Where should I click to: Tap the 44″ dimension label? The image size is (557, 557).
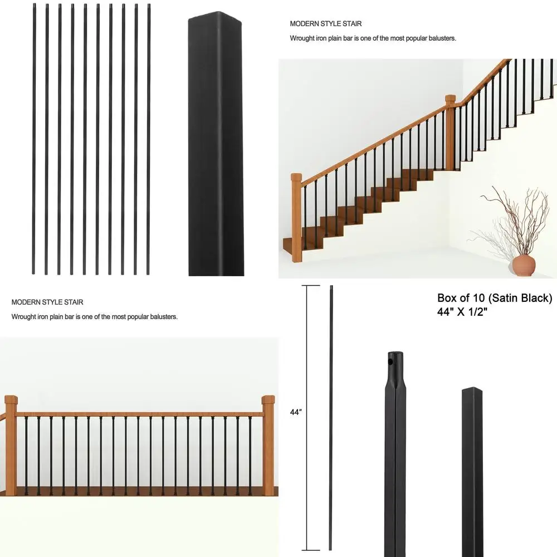click(x=295, y=413)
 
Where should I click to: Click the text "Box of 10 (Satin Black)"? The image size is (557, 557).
click(x=495, y=298)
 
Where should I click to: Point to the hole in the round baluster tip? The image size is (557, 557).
click(x=391, y=361)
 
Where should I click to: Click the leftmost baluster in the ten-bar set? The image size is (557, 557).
click(x=33, y=139)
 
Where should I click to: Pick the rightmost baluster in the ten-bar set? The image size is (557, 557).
click(x=149, y=139)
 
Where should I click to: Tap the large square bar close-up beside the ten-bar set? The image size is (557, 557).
click(x=216, y=145)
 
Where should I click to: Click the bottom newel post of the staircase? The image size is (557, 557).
click(x=296, y=217)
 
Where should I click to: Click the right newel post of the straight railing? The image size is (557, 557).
click(x=268, y=446)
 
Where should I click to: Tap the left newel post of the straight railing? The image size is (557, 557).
click(x=11, y=446)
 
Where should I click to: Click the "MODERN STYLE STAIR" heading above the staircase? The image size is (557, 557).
click(x=326, y=24)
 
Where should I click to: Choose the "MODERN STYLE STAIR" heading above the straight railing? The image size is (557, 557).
click(x=47, y=302)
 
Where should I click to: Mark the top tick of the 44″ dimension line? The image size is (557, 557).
click(x=310, y=286)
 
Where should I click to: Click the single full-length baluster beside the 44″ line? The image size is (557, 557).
click(x=331, y=418)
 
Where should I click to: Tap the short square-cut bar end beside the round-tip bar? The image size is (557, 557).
click(x=472, y=468)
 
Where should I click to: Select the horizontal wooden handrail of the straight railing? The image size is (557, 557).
click(x=139, y=414)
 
